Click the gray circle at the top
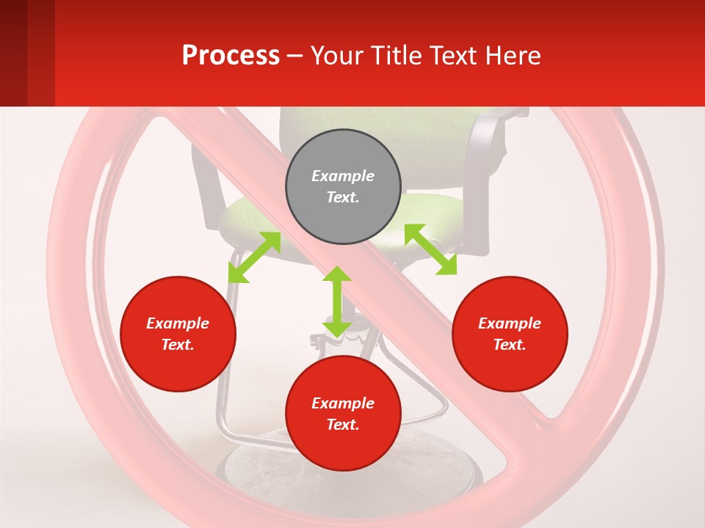[343, 186]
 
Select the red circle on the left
[178, 334]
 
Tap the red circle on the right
[510, 334]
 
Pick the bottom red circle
[343, 414]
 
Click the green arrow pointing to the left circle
[254, 257]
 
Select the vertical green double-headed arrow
[337, 301]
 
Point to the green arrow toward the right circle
[430, 249]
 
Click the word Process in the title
[231, 55]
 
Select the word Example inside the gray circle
[343, 176]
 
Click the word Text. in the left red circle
[178, 345]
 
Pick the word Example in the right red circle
[510, 323]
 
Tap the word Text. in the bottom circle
[343, 425]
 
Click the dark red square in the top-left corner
[14, 53]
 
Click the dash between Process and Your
[295, 56]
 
